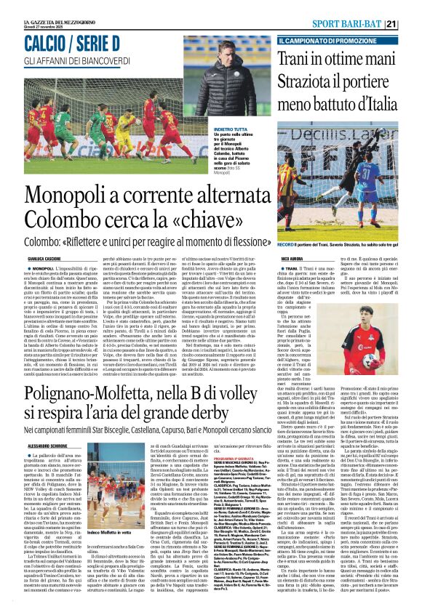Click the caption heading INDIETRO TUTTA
pyautogui.click(x=210, y=129)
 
